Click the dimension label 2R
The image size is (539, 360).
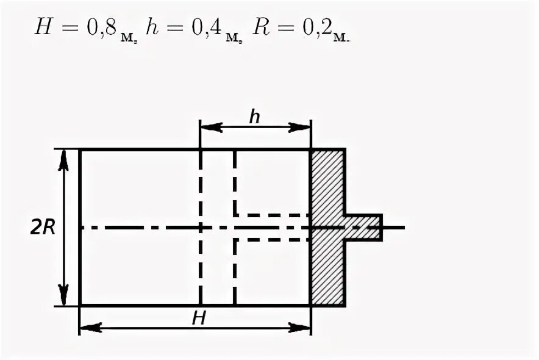coord(43,227)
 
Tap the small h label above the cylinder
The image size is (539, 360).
coord(254,116)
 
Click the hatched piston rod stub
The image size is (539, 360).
coord(363,227)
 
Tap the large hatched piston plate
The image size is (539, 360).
coord(328,227)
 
